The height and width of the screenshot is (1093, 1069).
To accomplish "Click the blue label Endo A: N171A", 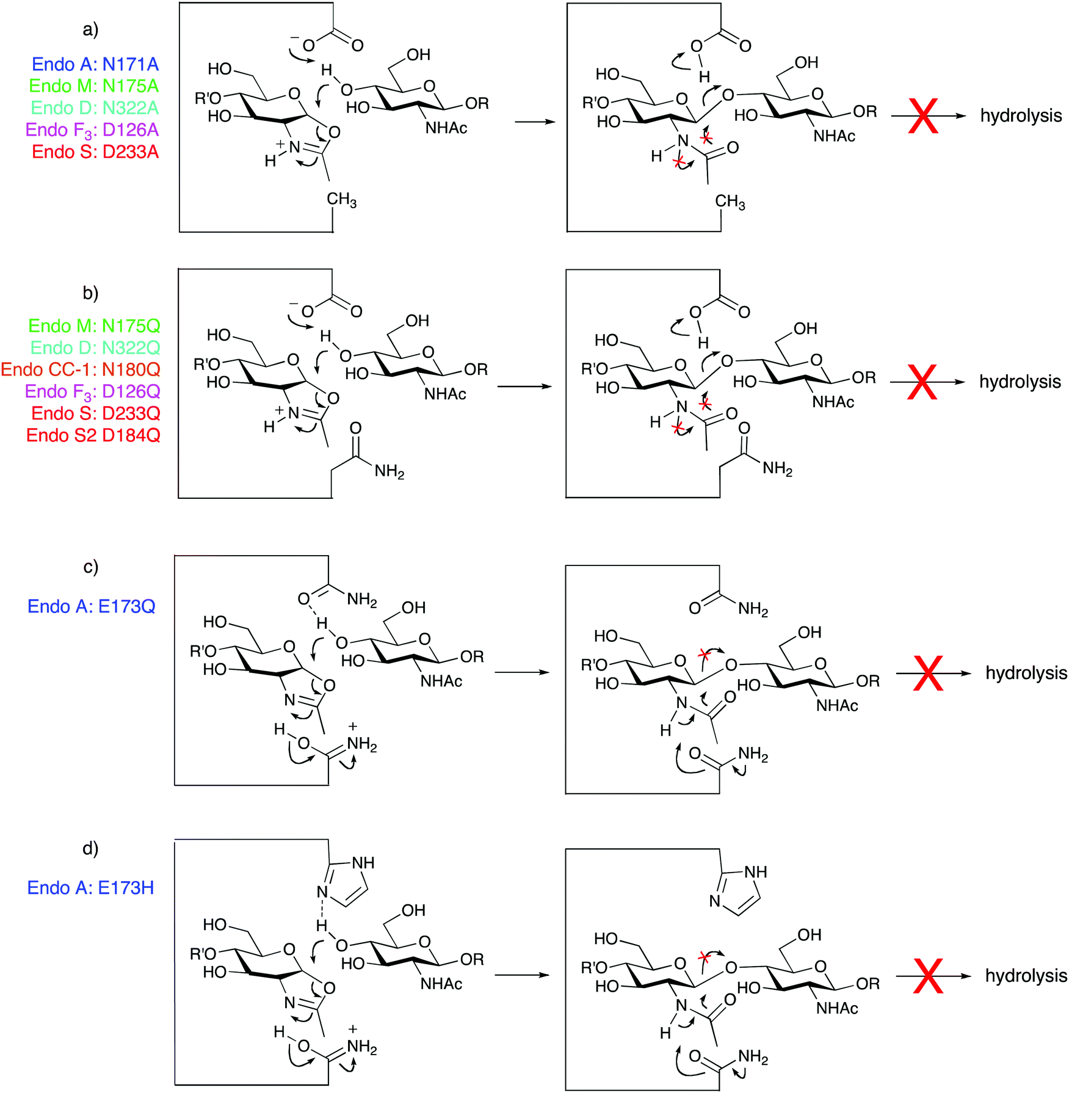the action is point(95,64).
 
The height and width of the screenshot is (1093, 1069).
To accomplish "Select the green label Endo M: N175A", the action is point(94,86).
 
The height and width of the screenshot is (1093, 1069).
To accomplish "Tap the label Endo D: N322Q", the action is point(95,347).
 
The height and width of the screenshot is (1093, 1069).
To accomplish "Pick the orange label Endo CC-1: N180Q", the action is point(81,369).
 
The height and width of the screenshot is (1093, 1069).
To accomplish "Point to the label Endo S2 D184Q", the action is point(93,435).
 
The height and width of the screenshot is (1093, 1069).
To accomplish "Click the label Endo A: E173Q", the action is point(92,606).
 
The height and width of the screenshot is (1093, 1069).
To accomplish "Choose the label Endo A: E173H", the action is point(91,887).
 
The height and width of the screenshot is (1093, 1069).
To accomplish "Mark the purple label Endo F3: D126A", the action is point(92,130).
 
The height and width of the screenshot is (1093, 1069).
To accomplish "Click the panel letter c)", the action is point(91,567).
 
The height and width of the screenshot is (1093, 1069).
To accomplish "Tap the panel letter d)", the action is point(91,848).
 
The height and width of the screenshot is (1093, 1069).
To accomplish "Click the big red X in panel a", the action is point(923,115).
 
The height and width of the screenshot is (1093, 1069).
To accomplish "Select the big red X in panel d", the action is point(928,976).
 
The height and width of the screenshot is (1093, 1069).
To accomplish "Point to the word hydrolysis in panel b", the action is point(1020,382).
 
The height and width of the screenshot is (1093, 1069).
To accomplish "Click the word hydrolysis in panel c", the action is point(1026,673).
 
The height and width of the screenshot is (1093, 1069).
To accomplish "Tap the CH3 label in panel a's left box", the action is point(342,200).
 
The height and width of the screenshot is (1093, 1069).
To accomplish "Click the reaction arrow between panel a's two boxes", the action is point(535,122).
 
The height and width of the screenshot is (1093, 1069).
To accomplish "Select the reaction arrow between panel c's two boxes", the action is point(523,672).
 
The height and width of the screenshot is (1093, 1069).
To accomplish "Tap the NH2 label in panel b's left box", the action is point(390,471).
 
